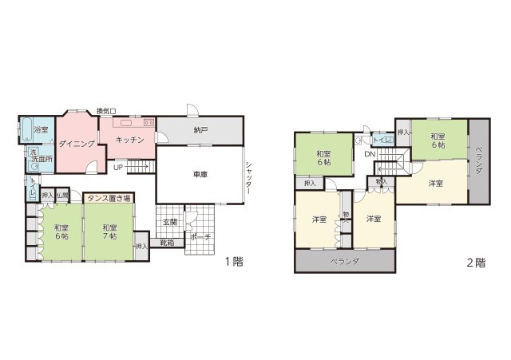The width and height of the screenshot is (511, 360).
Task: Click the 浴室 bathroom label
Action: (41, 129)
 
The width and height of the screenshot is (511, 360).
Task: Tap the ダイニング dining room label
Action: (77, 144)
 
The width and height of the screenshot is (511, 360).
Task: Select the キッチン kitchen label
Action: (129, 140)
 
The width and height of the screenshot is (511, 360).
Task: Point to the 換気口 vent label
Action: (106, 112)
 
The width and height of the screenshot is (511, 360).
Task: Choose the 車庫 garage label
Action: (201, 174)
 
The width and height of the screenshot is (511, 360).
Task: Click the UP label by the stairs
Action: (117, 168)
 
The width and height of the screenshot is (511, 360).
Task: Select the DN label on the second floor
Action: (370, 154)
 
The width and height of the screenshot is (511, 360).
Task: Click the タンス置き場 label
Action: (110, 196)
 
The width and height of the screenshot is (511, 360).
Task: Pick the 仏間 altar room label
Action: (62, 195)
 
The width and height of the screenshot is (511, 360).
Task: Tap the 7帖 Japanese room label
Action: (109, 232)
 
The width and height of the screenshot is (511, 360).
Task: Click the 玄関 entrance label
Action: (171, 221)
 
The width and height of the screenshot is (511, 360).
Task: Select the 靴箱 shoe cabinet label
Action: (167, 243)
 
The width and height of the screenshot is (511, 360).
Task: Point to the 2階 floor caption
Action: (475, 263)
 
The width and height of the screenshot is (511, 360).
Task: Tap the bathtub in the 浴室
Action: (26, 129)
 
